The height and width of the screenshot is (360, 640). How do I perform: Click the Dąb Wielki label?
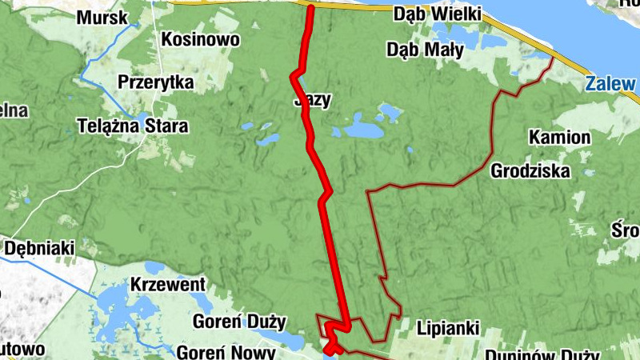pos(437,14)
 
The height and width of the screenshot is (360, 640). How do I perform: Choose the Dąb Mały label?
pos(425,50)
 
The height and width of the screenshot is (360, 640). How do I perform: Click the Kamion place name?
pos(559,138)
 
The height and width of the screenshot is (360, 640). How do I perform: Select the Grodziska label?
pos(530,170)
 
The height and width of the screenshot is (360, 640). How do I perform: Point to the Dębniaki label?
pos(39,248)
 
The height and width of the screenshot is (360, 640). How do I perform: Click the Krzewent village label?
pos(168,285)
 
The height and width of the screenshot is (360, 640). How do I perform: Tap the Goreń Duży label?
pos(239,322)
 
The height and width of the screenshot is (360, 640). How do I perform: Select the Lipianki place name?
pos(447,328)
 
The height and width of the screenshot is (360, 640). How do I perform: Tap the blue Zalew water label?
pos(610,83)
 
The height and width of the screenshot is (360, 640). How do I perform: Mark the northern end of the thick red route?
pos(310,8)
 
